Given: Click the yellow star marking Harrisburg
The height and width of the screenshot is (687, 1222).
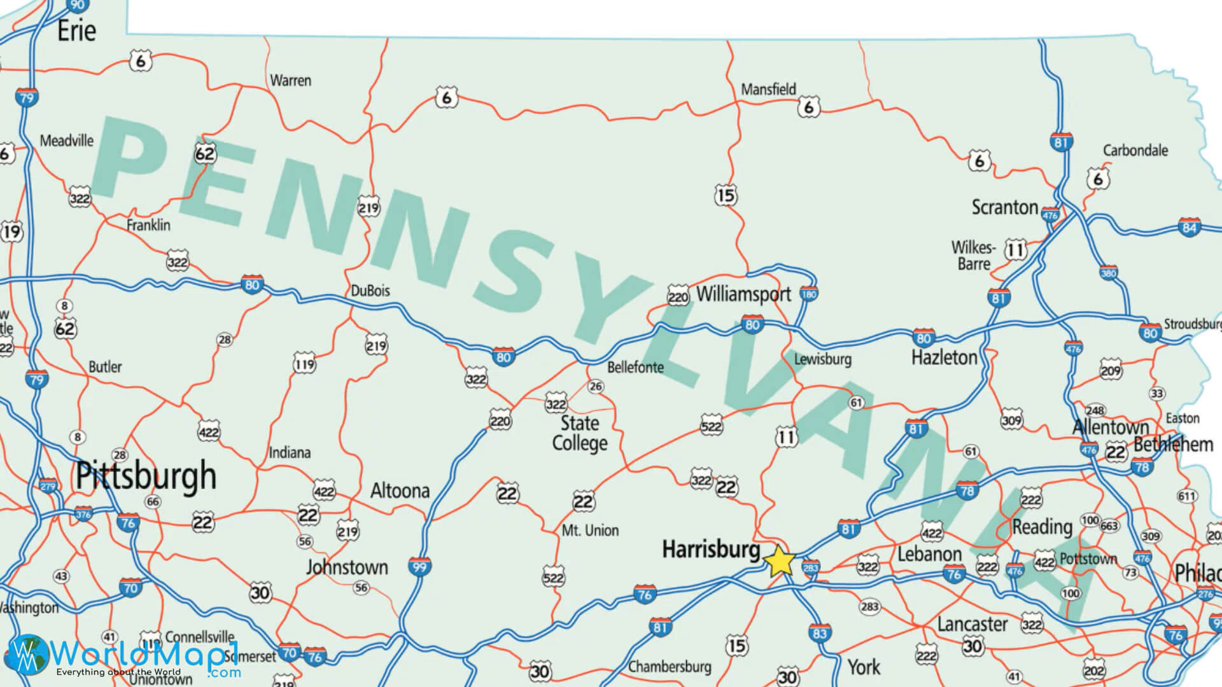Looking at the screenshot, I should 779,562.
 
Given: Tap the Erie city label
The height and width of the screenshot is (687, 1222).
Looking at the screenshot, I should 76,31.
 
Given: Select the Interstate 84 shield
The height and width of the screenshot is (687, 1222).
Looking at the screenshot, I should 1189,227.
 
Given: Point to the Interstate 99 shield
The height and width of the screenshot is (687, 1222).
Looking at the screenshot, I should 419,566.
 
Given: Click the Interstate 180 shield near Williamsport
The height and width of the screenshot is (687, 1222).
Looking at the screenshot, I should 808,295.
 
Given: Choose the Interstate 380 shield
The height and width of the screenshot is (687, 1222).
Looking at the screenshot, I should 1108,274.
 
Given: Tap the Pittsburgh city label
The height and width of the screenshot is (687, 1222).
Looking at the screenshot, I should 146,476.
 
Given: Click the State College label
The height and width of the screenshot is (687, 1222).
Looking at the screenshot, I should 580,433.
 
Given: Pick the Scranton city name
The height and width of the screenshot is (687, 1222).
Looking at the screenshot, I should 1004,207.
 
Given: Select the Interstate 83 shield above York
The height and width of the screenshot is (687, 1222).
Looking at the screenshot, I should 819,633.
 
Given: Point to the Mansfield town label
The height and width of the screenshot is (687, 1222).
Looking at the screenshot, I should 768,90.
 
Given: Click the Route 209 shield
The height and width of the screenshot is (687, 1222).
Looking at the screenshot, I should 1111,370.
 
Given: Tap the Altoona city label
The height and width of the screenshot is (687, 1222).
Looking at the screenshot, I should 400,490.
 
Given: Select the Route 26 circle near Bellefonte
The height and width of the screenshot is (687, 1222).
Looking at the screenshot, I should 596,386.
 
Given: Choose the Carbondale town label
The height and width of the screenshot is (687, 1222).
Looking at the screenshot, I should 1135,151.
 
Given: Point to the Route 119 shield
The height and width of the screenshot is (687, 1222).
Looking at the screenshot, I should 304,364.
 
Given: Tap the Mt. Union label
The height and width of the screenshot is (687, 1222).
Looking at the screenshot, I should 590,531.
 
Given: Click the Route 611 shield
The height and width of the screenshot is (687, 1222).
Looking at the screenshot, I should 1186,496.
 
